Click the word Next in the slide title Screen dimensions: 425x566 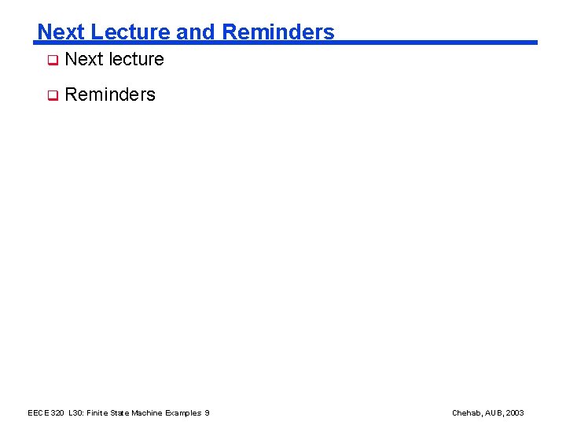tap(61, 32)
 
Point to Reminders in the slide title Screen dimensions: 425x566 tap(278, 32)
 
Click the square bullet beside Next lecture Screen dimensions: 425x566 tap(52, 60)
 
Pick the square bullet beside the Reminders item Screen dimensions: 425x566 tap(52, 95)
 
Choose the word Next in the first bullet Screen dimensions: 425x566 tap(83, 59)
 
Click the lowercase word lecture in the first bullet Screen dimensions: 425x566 tap(136, 59)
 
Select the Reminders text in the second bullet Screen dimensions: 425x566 tap(110, 94)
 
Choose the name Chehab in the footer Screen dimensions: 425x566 tap(466, 413)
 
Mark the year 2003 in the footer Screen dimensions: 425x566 tap(515, 413)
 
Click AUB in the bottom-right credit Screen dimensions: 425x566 tap(494, 413)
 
